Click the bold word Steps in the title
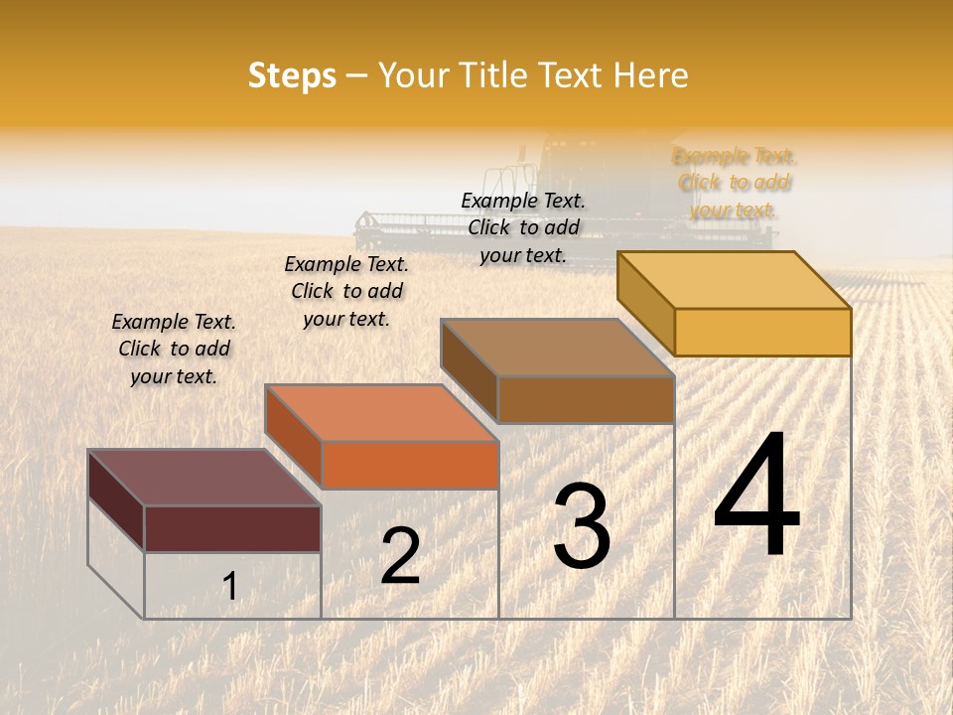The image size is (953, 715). click(292, 75)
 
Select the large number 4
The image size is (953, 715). click(756, 497)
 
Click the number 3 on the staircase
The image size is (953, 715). click(581, 526)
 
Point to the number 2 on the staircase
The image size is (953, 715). click(400, 556)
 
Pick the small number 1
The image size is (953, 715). click(230, 586)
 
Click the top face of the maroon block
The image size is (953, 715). click(204, 477)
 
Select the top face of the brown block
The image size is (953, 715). click(557, 348)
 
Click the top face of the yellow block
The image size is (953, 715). click(735, 279)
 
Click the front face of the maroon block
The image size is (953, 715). click(232, 528)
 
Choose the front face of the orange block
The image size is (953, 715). click(410, 465)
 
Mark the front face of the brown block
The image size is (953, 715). click(586, 399)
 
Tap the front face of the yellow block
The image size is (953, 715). click(762, 332)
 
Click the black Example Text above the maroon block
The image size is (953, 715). click(174, 349)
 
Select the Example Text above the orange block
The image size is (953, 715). click(346, 291)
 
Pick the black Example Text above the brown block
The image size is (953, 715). click(523, 227)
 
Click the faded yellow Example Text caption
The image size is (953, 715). click(734, 183)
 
